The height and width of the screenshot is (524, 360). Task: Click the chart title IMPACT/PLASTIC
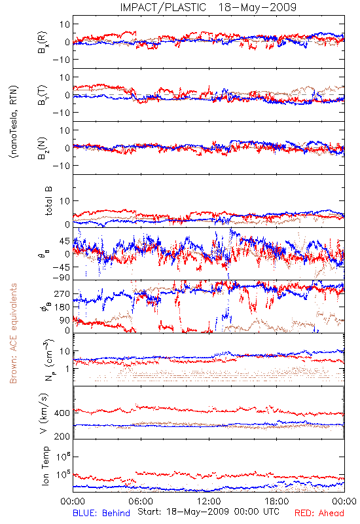(x=163, y=7)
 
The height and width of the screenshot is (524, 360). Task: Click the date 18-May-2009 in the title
(x=257, y=7)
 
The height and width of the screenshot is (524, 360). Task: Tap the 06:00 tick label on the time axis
(x=141, y=502)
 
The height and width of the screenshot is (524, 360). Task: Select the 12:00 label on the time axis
(x=209, y=502)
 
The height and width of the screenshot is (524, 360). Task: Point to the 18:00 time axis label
(x=277, y=502)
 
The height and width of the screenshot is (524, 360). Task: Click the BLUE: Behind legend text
(x=101, y=514)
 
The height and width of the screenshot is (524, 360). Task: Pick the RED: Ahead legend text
(x=319, y=514)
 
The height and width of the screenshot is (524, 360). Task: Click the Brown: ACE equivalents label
(x=13, y=333)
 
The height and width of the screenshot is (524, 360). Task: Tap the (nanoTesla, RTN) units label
(x=14, y=122)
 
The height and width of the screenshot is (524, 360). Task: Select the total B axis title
(x=48, y=201)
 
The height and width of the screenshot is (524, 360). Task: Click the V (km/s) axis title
(x=44, y=413)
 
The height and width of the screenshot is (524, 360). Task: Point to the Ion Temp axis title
(x=45, y=466)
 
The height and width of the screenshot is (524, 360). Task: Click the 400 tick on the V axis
(x=62, y=413)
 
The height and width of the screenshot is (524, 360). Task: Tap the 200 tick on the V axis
(x=62, y=436)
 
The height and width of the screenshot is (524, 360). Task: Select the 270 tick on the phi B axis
(x=62, y=293)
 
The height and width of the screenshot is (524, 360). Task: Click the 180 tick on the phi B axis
(x=62, y=307)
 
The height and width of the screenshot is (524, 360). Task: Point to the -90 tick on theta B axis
(x=61, y=278)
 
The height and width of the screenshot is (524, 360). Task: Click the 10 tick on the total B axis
(x=65, y=201)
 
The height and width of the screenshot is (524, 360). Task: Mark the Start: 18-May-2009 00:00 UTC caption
(x=208, y=512)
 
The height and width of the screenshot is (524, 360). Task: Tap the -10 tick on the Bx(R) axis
(x=61, y=60)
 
